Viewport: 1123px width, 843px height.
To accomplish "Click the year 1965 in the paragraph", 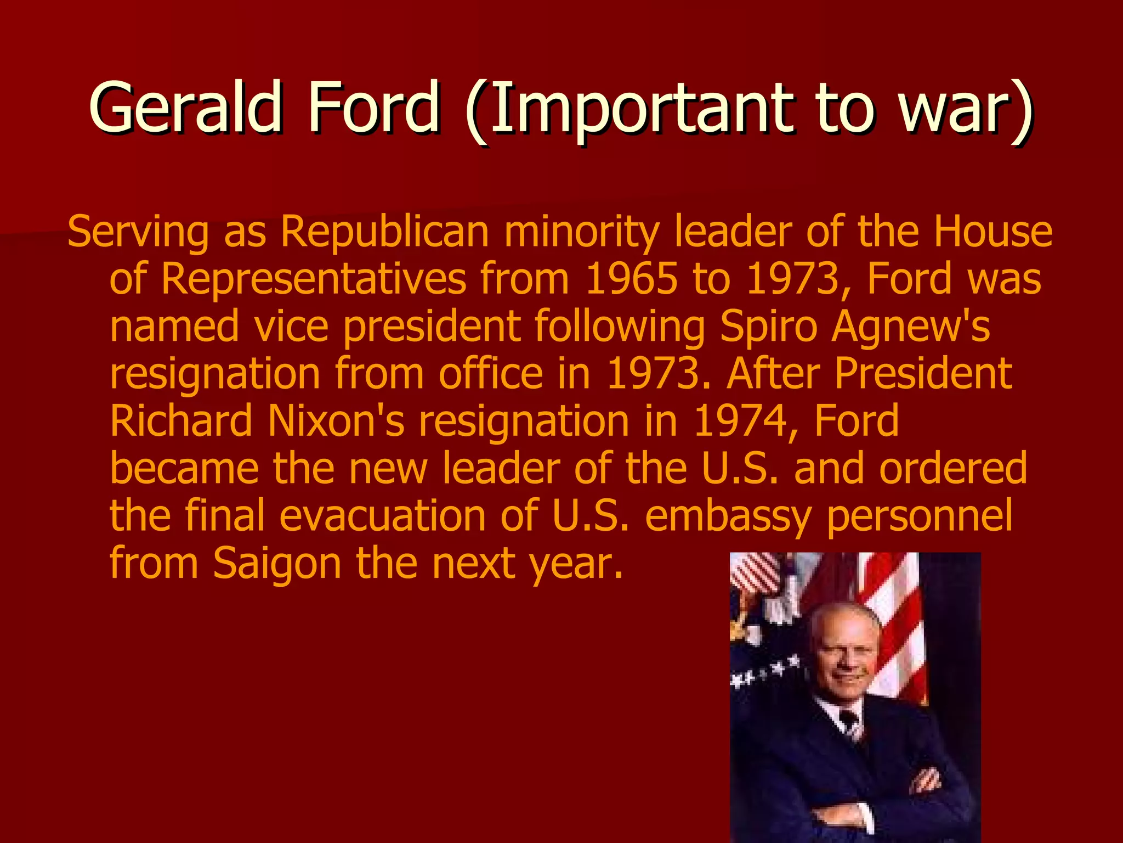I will click(631, 278).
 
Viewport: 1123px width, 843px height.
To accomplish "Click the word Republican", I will click(384, 232).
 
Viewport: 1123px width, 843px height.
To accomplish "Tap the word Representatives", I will click(313, 279).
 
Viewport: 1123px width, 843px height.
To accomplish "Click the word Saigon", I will click(277, 564).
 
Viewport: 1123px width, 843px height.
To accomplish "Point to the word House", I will click(993, 232).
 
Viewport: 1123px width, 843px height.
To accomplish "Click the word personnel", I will click(919, 516).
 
